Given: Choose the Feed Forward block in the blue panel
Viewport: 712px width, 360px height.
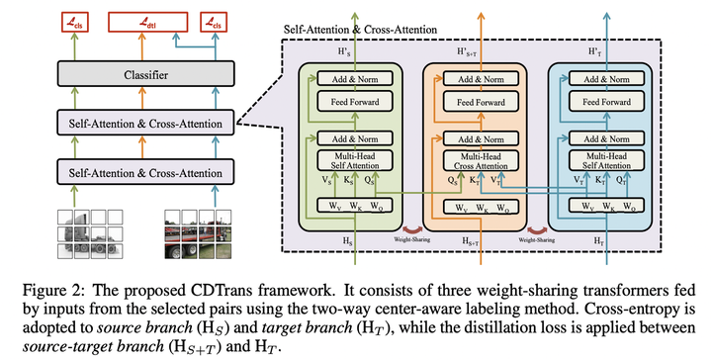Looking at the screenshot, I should [x=602, y=101].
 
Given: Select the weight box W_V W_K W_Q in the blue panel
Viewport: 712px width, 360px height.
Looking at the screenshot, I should [x=602, y=209].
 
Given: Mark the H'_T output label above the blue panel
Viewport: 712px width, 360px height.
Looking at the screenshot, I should [x=602, y=49].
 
